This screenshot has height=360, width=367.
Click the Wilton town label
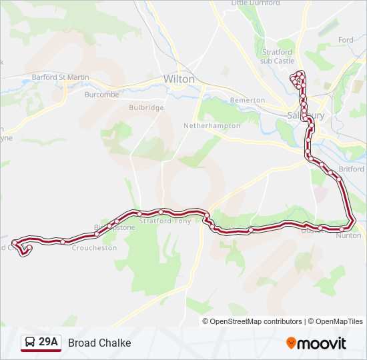(179, 79)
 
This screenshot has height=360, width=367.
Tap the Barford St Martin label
(60, 77)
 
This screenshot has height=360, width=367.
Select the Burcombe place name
(101, 95)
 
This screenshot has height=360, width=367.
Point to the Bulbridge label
(146, 107)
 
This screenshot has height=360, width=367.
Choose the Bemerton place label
(247, 100)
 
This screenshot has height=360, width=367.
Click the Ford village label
(346, 40)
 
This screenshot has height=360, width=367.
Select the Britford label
(351, 169)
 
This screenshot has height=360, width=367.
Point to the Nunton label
(349, 235)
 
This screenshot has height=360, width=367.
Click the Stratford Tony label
(165, 221)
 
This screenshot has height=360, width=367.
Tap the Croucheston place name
(94, 247)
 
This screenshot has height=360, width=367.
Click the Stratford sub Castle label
(276, 56)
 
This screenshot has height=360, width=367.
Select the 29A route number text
(48, 343)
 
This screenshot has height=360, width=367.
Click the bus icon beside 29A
(30, 343)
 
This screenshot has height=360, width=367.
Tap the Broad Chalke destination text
(99, 343)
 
